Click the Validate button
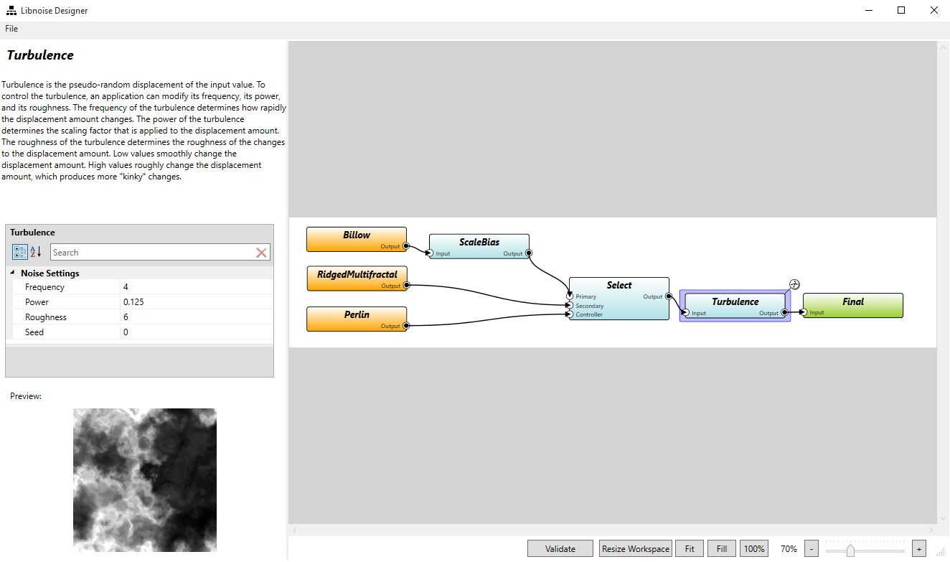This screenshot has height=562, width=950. coord(560,549)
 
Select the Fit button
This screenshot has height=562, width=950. coord(689,549)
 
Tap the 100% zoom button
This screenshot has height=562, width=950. coord(753,549)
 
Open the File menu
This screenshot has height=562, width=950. coord(11,29)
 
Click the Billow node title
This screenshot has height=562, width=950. coord(357,235)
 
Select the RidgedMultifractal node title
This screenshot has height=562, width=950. coord(357,274)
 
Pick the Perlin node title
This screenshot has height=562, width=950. coord(357,314)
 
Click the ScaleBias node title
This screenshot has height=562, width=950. coord(479,242)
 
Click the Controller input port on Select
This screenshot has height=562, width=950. coord(570,314)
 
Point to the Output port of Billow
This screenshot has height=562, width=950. coord(405,246)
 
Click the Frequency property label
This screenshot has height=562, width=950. coord(44,287)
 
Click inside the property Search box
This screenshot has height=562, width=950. coord(151,253)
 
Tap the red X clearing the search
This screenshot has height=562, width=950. coord(261,253)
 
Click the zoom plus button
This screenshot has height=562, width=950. coord(918,549)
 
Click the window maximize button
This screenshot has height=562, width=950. coord(901,10)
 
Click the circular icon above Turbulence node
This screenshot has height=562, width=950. coord(794,284)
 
